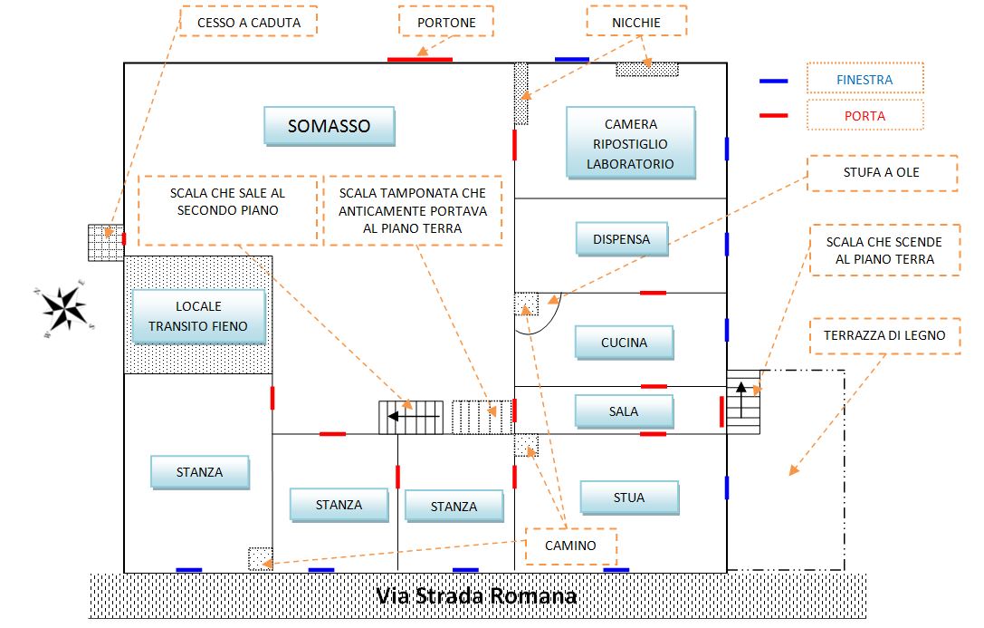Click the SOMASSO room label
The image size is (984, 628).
click(x=330, y=126)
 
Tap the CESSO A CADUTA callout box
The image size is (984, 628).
click(x=249, y=22)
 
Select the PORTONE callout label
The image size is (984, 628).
click(x=446, y=22)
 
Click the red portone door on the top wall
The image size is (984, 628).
click(x=420, y=60)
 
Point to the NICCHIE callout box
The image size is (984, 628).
click(x=635, y=22)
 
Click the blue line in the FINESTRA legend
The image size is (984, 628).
click(x=773, y=81)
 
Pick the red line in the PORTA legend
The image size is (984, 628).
click(x=773, y=116)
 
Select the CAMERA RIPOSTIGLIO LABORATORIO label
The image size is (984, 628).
click(x=630, y=143)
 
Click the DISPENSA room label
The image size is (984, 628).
click(x=622, y=239)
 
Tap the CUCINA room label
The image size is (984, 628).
click(x=625, y=343)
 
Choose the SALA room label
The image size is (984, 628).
click(x=624, y=411)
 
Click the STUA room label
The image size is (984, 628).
click(x=629, y=498)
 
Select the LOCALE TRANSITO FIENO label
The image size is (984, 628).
click(x=199, y=316)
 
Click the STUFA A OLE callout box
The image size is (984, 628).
click(x=882, y=172)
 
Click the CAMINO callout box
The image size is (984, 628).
click(x=570, y=546)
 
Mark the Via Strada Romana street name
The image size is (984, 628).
click(x=477, y=596)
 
